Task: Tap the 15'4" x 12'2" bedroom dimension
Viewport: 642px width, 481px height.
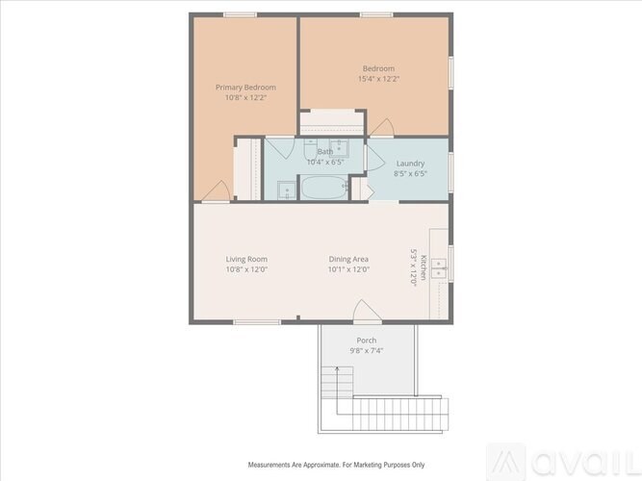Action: click(x=378, y=79)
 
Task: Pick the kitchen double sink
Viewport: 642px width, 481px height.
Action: click(x=439, y=267)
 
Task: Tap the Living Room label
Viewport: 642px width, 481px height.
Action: click(x=246, y=259)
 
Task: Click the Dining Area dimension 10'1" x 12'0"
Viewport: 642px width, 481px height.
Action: click(x=348, y=269)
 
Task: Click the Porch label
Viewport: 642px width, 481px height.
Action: click(x=367, y=341)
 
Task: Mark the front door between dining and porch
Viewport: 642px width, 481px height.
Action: click(x=367, y=312)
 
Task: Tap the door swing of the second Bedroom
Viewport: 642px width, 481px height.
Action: click(x=383, y=128)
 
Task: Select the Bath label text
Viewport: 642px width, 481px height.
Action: click(x=325, y=152)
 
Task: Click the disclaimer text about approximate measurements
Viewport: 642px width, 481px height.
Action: click(x=337, y=465)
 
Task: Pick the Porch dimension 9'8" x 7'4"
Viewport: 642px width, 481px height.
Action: click(x=367, y=351)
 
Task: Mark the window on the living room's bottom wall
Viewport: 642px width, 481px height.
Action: click(x=257, y=322)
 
